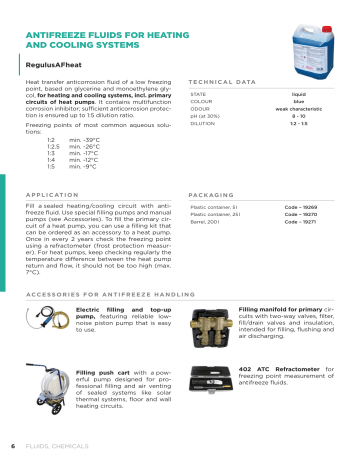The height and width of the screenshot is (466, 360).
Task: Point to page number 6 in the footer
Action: coord(12,445)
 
